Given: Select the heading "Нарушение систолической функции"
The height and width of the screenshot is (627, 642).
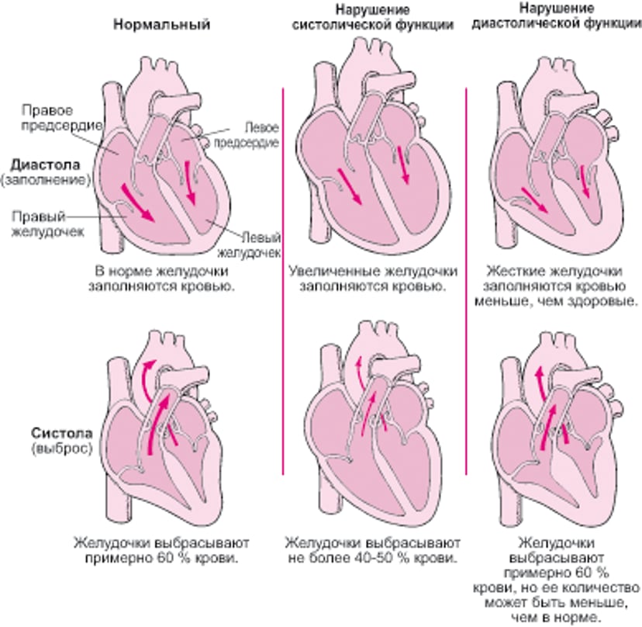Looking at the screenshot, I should [372, 17].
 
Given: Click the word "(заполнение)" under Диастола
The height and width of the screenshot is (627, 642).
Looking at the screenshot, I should [47, 179].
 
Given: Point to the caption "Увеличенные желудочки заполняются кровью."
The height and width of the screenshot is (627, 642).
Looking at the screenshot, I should [372, 279].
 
